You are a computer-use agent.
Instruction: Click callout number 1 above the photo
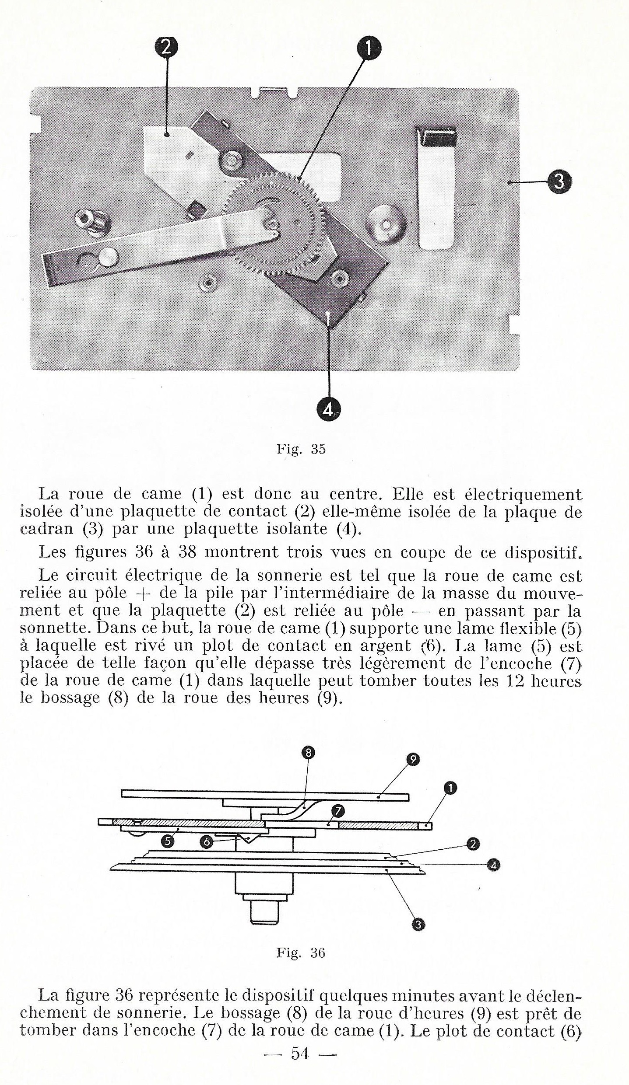point(368,49)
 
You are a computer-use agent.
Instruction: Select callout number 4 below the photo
point(328,410)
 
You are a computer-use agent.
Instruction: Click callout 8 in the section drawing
point(309,753)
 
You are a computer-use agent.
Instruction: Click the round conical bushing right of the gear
point(386,223)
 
